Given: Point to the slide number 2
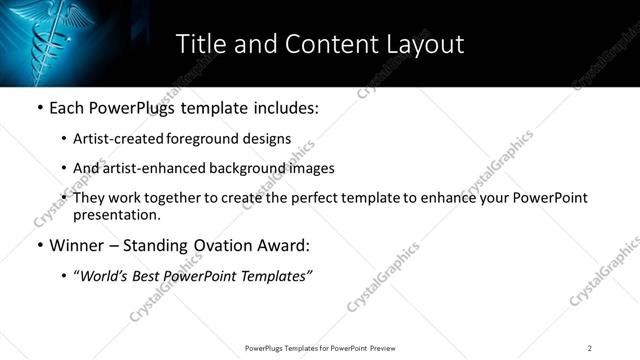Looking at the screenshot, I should click(590, 347).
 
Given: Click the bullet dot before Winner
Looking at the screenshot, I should click(39, 245).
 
